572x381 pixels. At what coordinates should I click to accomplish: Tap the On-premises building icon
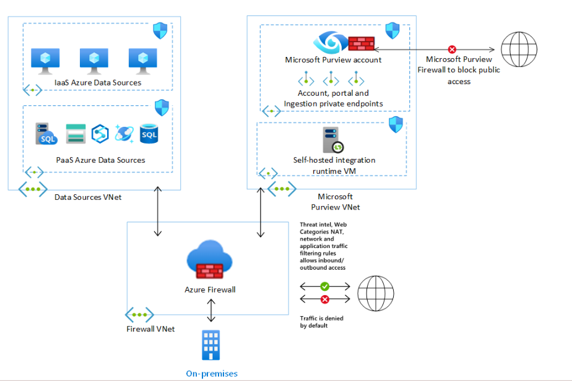(x=211, y=345)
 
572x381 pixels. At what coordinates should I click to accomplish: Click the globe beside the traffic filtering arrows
(x=376, y=293)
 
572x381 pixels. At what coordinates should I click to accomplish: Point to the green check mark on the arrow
(x=325, y=286)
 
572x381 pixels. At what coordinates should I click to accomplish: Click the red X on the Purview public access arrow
(x=452, y=49)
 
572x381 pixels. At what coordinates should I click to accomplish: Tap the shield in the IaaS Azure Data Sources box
(x=161, y=30)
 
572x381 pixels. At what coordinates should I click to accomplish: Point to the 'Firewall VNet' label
(x=150, y=328)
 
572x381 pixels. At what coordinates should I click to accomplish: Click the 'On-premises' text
(x=212, y=374)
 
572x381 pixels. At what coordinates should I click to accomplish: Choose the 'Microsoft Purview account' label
(x=333, y=60)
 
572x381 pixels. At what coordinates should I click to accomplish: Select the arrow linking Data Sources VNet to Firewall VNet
(x=157, y=213)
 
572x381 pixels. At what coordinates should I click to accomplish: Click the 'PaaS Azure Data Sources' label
(x=100, y=160)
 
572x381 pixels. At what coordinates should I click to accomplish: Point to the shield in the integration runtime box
(x=396, y=124)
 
